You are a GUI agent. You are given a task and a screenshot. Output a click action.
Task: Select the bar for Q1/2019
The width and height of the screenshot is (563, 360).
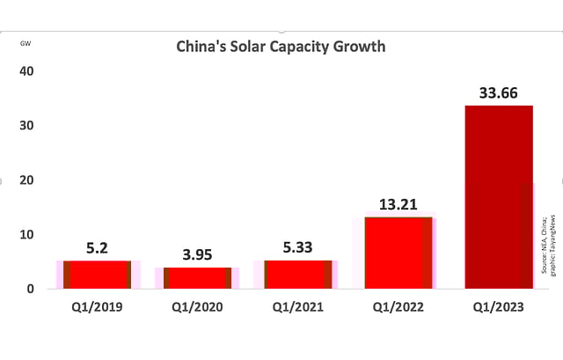tap(99, 275)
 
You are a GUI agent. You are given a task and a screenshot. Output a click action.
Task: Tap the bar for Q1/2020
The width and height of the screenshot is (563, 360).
tap(198, 277)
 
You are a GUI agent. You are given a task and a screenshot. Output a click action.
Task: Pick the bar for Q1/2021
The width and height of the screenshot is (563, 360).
tap(297, 275)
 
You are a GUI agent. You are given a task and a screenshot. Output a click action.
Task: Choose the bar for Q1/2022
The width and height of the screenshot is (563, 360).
tap(398, 253)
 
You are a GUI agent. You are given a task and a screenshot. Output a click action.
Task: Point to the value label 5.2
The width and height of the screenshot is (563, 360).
tap(99, 248)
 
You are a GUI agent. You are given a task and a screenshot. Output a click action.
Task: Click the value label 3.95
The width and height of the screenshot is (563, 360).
tap(198, 254)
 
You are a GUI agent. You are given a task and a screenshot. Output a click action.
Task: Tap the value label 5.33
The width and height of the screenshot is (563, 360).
tap(297, 248)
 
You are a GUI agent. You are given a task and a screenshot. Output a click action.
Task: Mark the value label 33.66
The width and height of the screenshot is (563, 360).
tap(498, 92)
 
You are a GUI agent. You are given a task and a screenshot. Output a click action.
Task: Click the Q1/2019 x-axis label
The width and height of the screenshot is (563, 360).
tap(99, 307)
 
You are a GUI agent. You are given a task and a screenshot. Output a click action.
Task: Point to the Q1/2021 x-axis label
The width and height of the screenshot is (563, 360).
tap(297, 307)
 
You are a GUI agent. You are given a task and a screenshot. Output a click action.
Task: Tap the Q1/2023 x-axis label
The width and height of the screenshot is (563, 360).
tap(498, 307)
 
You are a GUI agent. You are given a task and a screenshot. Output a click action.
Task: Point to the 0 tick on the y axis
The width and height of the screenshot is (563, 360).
tap(30, 289)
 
